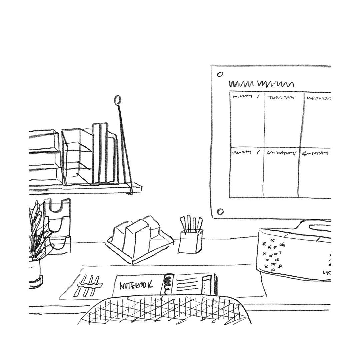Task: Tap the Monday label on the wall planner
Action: click(242, 97)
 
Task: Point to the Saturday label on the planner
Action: click(280, 153)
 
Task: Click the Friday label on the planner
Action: click(241, 153)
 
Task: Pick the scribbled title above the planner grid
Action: click(261, 84)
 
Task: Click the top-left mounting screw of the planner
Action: click(220, 74)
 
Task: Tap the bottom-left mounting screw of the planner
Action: click(220, 211)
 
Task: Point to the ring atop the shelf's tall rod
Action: click(117, 100)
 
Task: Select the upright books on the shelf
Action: click(104, 153)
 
